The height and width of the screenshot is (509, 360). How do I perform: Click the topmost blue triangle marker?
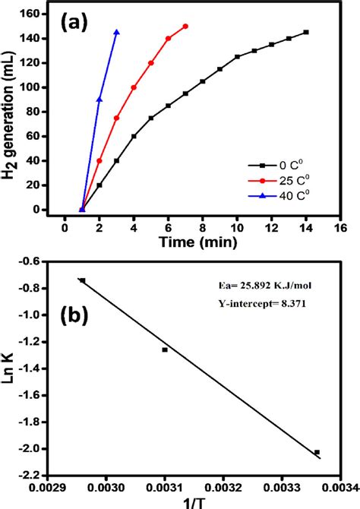click(116, 32)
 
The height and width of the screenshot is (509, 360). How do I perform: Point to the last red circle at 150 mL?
click(185, 26)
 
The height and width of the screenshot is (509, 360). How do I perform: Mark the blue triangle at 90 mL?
click(99, 100)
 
